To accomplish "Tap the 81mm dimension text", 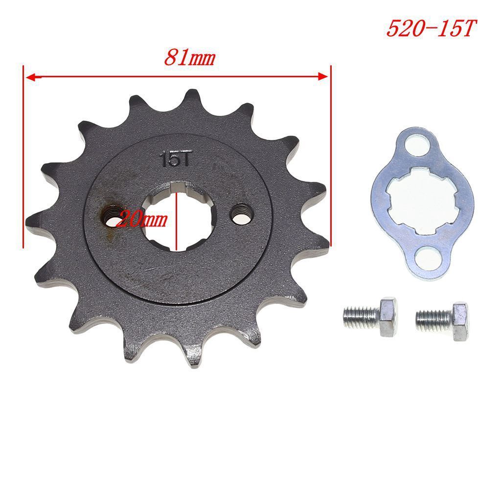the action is click(190, 58).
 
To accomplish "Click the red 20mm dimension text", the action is click(141, 220).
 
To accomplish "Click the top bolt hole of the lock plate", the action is click(416, 147).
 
